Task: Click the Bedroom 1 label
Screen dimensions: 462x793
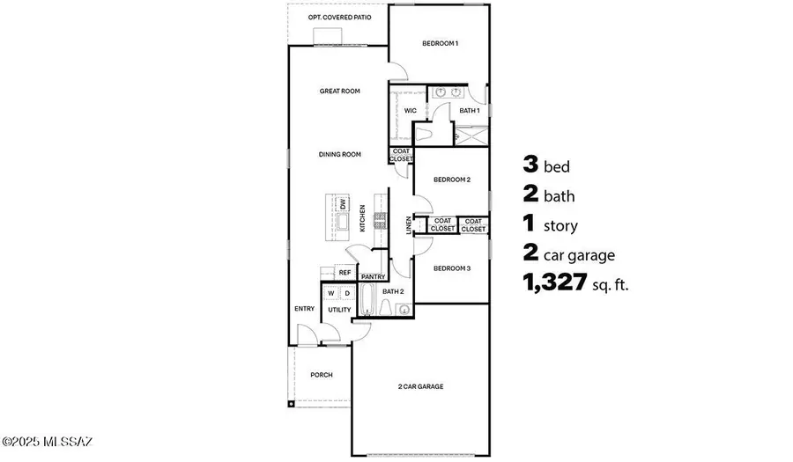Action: point(439,43)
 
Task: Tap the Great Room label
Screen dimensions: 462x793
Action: point(340,91)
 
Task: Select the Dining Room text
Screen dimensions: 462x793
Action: point(340,154)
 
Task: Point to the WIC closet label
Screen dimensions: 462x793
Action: point(410,111)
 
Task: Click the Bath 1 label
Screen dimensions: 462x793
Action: point(469,111)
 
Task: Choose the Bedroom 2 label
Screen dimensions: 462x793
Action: point(452,180)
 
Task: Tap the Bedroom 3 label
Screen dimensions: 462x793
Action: point(452,268)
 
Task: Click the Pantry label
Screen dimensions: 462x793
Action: point(374,275)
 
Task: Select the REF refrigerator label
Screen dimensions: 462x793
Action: point(345,273)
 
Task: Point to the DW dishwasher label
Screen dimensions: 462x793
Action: point(342,205)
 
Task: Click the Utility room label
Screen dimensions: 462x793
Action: point(339,310)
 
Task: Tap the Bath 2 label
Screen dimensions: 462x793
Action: point(393,291)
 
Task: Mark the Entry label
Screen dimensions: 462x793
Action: point(304,309)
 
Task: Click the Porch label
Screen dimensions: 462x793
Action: point(321,375)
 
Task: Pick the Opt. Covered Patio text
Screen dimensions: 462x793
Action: point(339,17)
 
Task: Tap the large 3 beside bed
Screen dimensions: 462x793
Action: point(530,165)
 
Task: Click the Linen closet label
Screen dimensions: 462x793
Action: point(408,225)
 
